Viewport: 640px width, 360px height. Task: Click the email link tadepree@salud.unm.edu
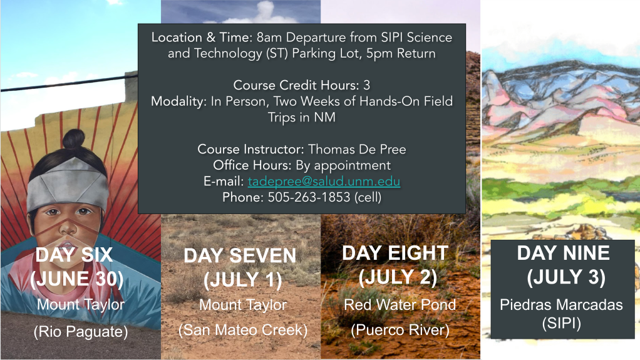coord(324,181)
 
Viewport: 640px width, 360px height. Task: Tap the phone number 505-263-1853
coord(309,197)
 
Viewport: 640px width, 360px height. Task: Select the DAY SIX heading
coord(74,255)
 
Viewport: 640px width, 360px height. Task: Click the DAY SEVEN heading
coord(240,256)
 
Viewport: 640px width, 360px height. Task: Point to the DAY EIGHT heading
coord(395,253)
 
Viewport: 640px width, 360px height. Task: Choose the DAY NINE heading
coord(563,253)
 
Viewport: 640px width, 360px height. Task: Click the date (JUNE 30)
coord(77,279)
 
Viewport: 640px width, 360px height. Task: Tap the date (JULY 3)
coord(565,277)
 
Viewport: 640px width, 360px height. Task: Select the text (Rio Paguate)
coord(81,331)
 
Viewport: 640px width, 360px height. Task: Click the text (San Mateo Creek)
coord(243,330)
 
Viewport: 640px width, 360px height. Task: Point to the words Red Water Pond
coord(400,304)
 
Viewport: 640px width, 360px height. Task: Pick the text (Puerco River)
coord(400,330)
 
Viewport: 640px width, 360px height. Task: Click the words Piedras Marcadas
coord(561,304)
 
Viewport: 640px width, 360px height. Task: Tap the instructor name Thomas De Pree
coord(357,149)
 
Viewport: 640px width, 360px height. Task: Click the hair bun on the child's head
coord(74,139)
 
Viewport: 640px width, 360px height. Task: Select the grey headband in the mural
coord(68,183)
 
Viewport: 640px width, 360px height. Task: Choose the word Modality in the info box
coord(178,101)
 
